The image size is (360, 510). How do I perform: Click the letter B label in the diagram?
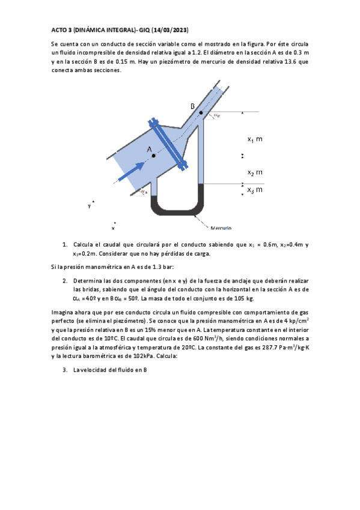click(193, 106)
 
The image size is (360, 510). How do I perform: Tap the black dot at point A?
click(154, 156)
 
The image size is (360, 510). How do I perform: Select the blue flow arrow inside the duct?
click(132, 169)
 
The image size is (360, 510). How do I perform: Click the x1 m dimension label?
click(255, 140)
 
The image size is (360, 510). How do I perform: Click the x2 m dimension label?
click(255, 173)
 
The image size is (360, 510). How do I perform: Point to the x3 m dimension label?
click(255, 190)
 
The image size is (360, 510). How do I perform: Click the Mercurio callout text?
click(221, 228)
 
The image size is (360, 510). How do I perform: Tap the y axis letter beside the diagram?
click(90, 205)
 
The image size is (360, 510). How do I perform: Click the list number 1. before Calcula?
click(64, 245)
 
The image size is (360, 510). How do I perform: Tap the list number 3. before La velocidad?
click(64, 370)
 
